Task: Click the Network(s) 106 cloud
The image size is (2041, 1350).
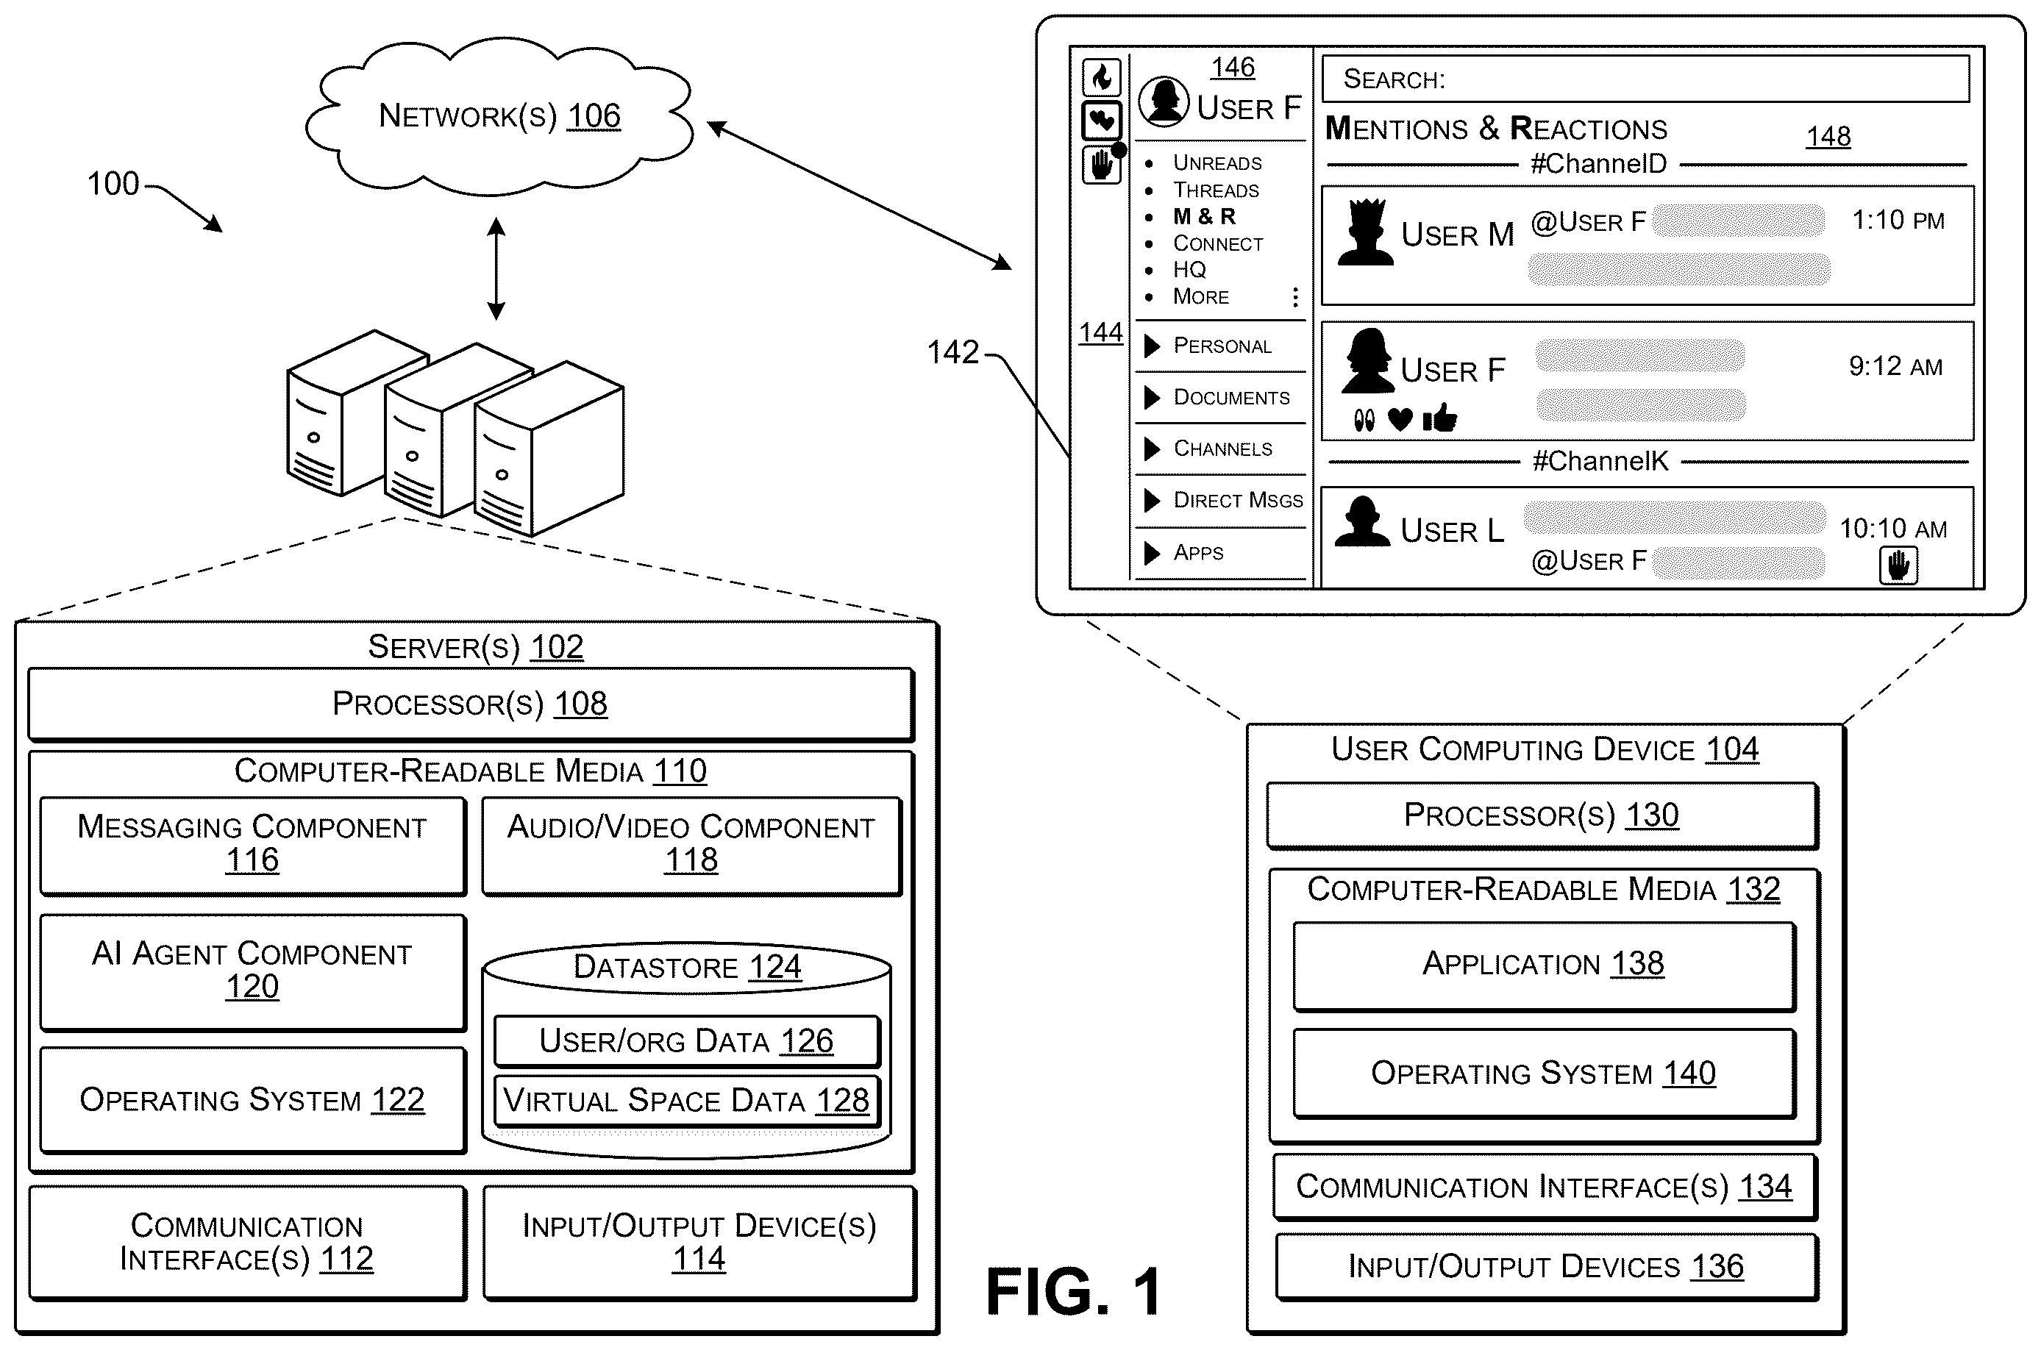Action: click(x=499, y=116)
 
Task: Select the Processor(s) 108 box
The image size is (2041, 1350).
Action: click(x=471, y=704)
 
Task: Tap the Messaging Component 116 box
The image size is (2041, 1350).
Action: click(x=253, y=846)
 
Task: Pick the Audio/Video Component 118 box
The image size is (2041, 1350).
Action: click(x=691, y=846)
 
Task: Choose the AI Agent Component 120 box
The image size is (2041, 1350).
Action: click(x=253, y=971)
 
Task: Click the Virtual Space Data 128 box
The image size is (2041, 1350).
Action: click(x=687, y=1100)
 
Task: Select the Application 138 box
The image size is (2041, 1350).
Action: click(x=1544, y=965)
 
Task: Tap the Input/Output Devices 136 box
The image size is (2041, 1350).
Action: click(x=1547, y=1266)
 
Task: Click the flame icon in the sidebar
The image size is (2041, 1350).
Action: click(x=1102, y=77)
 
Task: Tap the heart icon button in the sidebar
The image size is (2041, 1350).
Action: click(x=1102, y=121)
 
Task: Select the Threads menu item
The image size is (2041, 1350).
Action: click(x=1216, y=190)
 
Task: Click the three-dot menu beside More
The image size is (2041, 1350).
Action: click(x=1295, y=297)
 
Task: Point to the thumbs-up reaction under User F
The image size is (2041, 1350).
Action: click(x=1440, y=418)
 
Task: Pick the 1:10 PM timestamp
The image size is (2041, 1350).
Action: click(x=1898, y=221)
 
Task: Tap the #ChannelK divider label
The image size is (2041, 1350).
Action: click(x=1601, y=462)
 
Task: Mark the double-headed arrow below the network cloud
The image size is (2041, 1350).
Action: click(x=496, y=268)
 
